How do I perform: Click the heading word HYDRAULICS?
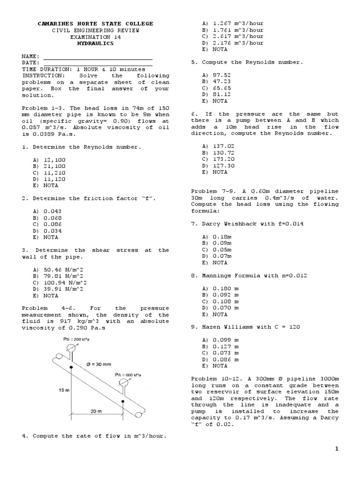95,43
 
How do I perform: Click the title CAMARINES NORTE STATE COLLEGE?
95,23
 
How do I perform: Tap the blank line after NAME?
98,56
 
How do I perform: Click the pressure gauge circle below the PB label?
71,348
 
